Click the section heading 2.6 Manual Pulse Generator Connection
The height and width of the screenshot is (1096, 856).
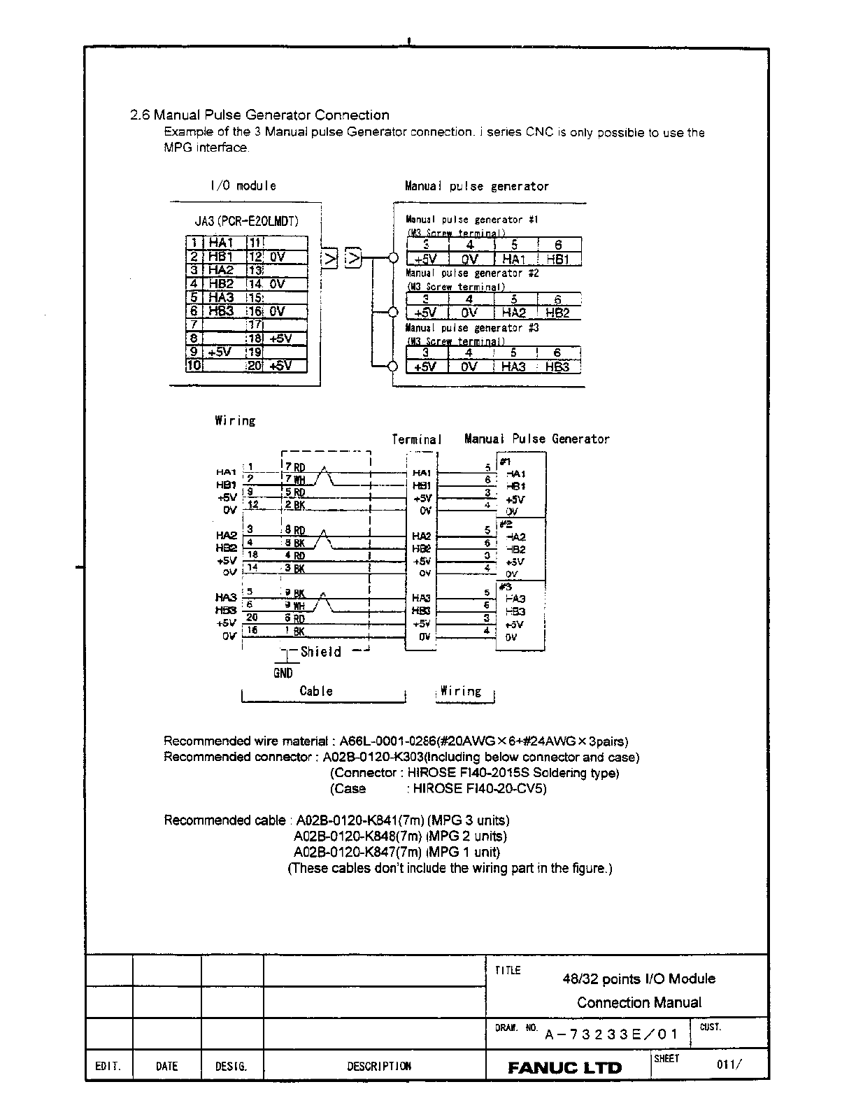tap(259, 115)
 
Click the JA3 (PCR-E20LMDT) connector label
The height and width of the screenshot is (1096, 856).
tap(246, 222)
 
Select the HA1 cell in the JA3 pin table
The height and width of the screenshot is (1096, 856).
tap(221, 243)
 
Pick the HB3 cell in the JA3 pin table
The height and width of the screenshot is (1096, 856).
tap(221, 311)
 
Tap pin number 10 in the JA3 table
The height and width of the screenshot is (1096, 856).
tap(194, 365)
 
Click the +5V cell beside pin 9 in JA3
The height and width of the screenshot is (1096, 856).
tap(221, 352)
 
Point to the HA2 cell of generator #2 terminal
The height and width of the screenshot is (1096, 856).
tap(514, 313)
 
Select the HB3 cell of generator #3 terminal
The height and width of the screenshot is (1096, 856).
tap(557, 366)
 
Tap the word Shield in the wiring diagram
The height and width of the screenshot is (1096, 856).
tap(321, 652)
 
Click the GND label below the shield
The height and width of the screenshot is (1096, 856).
tap(283, 673)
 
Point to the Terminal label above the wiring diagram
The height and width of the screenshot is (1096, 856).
tap(417, 439)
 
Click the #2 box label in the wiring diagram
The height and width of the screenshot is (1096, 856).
tap(506, 524)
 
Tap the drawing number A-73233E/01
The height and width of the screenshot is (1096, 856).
tap(611, 1034)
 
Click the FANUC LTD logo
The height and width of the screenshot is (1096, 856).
tap(564, 1067)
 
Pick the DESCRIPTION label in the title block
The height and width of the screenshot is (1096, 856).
tap(379, 1067)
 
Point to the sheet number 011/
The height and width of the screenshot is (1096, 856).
tap(728, 1065)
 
